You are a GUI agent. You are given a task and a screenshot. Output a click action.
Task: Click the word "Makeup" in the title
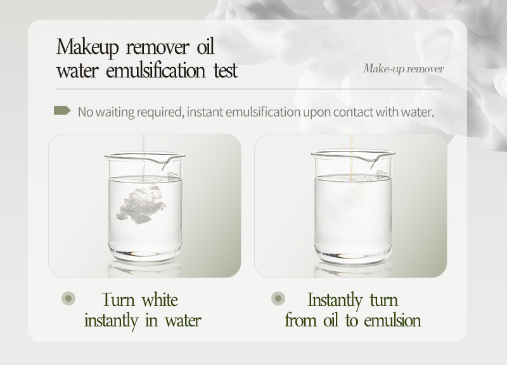click(x=89, y=48)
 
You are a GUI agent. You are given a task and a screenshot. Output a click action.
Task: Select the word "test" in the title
click(x=224, y=70)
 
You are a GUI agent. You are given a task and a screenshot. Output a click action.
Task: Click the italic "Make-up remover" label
click(x=404, y=68)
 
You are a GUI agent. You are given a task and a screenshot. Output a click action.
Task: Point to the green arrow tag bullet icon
click(x=62, y=111)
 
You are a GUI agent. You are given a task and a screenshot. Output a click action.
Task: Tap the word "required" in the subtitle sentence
click(x=155, y=112)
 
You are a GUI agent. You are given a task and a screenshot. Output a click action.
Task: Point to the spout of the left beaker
click(x=183, y=158)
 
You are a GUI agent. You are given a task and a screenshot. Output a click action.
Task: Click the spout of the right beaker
click(x=388, y=158)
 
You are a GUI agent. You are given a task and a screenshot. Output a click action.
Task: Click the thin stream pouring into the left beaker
click(x=144, y=146)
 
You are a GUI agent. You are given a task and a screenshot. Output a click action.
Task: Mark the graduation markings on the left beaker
click(x=170, y=174)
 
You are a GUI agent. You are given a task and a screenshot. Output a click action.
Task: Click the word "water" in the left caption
click(x=179, y=320)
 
